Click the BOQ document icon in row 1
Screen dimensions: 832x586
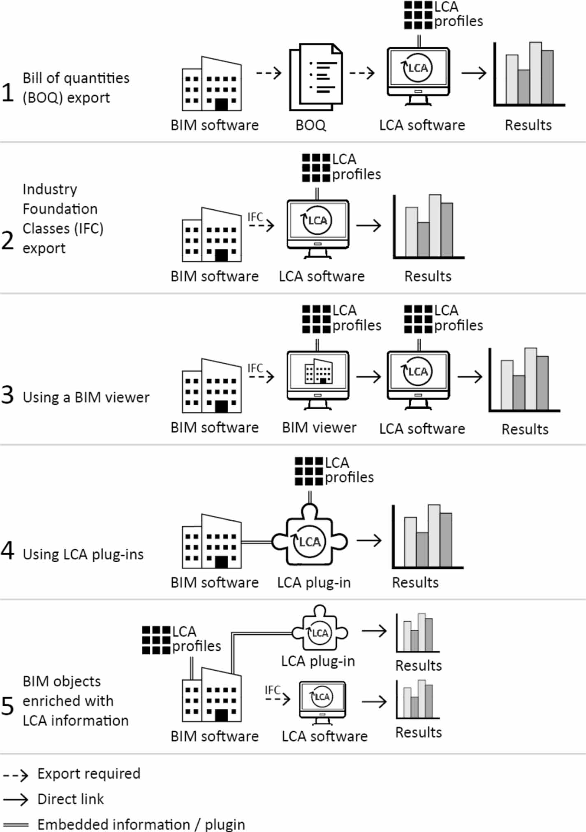(x=316, y=77)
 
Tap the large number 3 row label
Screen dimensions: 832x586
(x=7, y=395)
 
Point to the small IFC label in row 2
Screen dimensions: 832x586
(x=255, y=217)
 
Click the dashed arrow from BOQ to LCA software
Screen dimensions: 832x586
(x=361, y=73)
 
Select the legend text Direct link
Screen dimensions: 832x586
(x=70, y=799)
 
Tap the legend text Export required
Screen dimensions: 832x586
(x=88, y=774)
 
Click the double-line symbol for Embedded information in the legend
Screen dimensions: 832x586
(x=16, y=825)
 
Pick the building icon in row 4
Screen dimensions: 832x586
(x=211, y=542)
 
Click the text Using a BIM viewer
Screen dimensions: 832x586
(x=86, y=397)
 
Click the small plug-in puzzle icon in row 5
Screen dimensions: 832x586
(x=320, y=629)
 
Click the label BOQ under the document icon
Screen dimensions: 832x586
(x=310, y=125)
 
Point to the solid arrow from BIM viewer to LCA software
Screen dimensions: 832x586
(x=368, y=377)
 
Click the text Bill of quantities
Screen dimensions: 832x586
(x=76, y=78)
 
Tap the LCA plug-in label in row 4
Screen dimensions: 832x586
(x=313, y=582)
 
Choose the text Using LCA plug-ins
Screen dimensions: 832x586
(x=83, y=554)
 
